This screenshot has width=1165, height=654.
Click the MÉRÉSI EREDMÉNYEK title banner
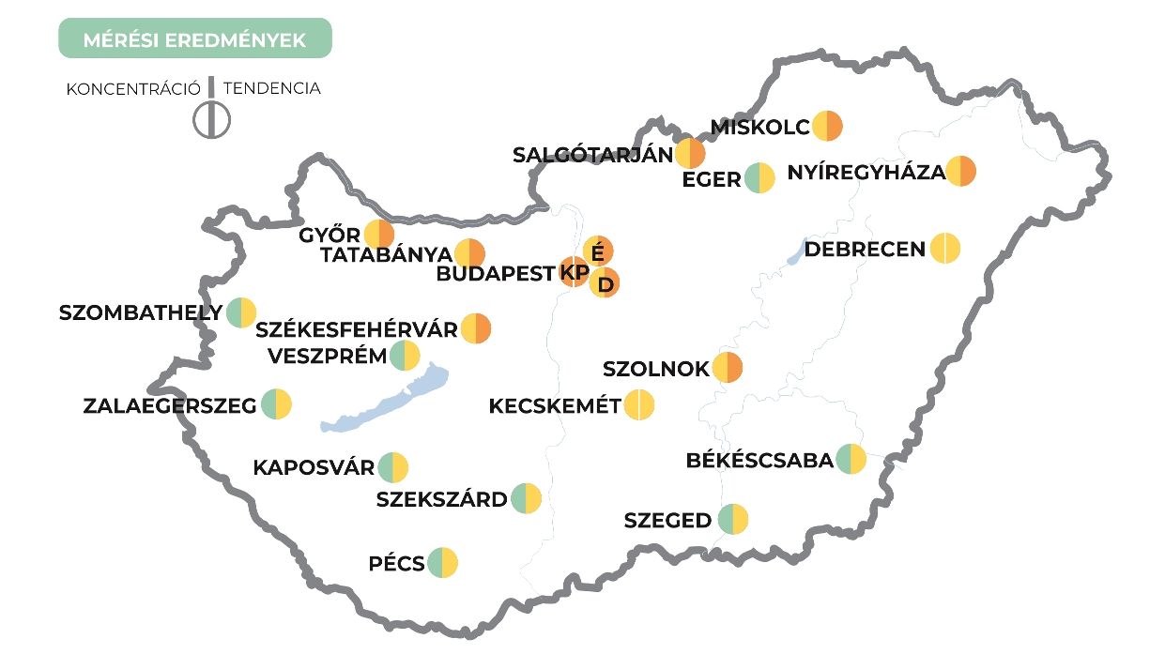pyautogui.click(x=195, y=40)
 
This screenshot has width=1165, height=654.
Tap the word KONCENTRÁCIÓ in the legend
pyautogui.click(x=133, y=89)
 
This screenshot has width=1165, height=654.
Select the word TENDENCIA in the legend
pyautogui.click(x=272, y=89)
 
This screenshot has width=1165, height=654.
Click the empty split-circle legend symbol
pyautogui.click(x=212, y=120)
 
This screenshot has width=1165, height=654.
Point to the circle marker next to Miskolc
pyautogui.click(x=828, y=126)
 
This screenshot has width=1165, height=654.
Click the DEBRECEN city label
pyautogui.click(x=865, y=250)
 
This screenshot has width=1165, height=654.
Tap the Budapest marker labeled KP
pyautogui.click(x=574, y=272)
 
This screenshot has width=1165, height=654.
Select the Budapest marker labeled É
pyautogui.click(x=598, y=251)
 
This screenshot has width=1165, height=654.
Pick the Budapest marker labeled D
pyautogui.click(x=605, y=282)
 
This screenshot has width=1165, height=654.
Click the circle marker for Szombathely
pyautogui.click(x=241, y=312)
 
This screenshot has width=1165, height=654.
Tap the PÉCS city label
pyautogui.click(x=396, y=564)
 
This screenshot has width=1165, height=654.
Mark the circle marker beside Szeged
pyautogui.click(x=733, y=519)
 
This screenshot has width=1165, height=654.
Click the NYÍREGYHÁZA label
pyautogui.click(x=866, y=173)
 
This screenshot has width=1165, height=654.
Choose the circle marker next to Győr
pyautogui.click(x=379, y=235)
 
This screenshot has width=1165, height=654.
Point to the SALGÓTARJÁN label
pyautogui.click(x=593, y=155)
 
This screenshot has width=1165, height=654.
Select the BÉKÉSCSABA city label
pyautogui.click(x=759, y=461)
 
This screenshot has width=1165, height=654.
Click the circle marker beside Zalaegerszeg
pyautogui.click(x=277, y=405)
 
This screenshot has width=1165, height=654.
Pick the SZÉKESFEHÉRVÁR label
pyautogui.click(x=357, y=329)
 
